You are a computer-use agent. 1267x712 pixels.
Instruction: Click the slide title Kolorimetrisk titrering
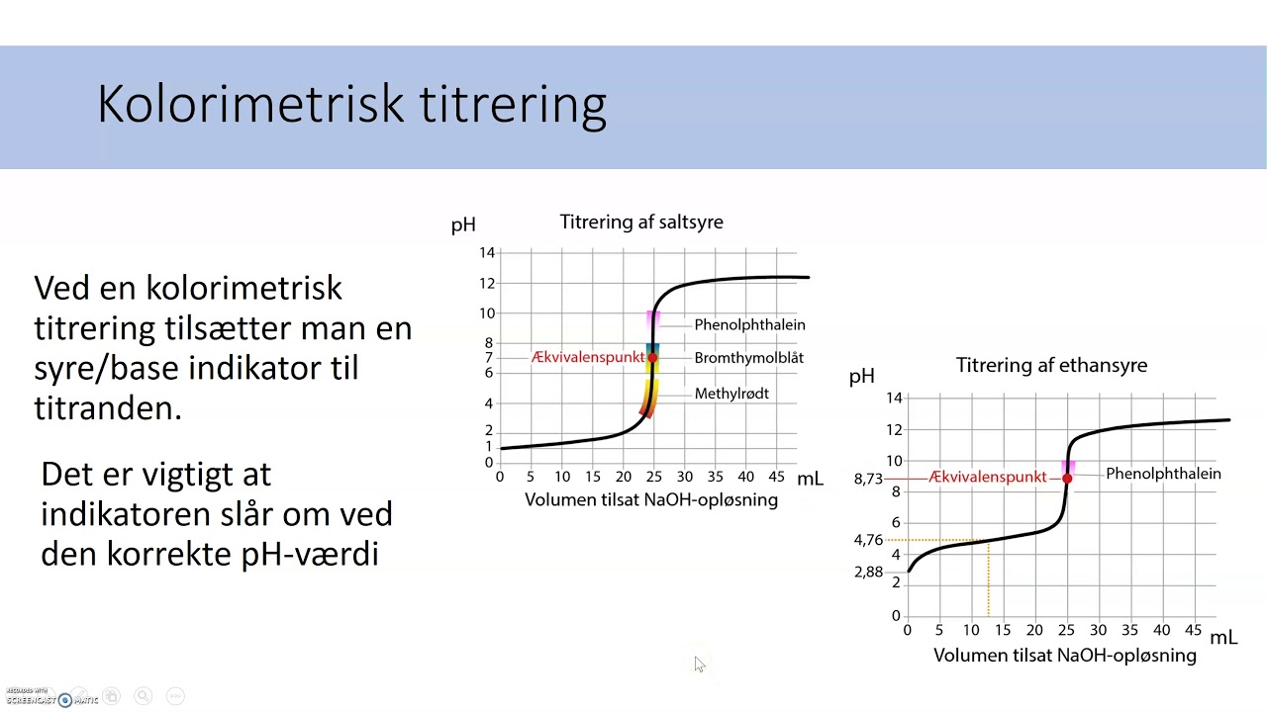[351, 105]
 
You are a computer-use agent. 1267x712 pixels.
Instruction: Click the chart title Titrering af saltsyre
[641, 222]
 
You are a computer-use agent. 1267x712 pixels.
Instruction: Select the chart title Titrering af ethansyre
[1051, 365]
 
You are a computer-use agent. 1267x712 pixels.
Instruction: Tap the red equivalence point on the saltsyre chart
[652, 357]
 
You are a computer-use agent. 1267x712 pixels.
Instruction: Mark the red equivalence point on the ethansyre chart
[1067, 479]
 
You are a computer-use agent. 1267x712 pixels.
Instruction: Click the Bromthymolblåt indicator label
[748, 358]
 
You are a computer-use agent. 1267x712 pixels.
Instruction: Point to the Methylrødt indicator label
[731, 394]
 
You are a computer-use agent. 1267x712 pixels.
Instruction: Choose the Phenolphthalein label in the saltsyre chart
[749, 324]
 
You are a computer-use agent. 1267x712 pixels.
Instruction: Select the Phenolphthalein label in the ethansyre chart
[1163, 474]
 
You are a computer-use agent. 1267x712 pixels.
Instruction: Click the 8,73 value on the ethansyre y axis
[868, 479]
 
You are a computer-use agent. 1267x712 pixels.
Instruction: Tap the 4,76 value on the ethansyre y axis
[868, 540]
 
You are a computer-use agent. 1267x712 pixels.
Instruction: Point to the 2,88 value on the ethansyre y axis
[868, 573]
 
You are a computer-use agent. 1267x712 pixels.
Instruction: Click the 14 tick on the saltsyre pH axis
[486, 253]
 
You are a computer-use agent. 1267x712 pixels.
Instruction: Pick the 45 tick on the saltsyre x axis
[776, 477]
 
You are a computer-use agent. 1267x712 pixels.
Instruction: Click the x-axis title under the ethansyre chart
[1064, 655]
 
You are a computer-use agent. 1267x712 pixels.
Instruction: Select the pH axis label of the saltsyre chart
[463, 224]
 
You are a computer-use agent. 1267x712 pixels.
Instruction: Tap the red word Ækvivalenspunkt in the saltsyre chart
[588, 357]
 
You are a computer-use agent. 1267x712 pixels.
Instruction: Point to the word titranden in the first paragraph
[108, 407]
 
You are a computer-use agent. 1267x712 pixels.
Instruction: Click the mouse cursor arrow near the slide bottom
[699, 664]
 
